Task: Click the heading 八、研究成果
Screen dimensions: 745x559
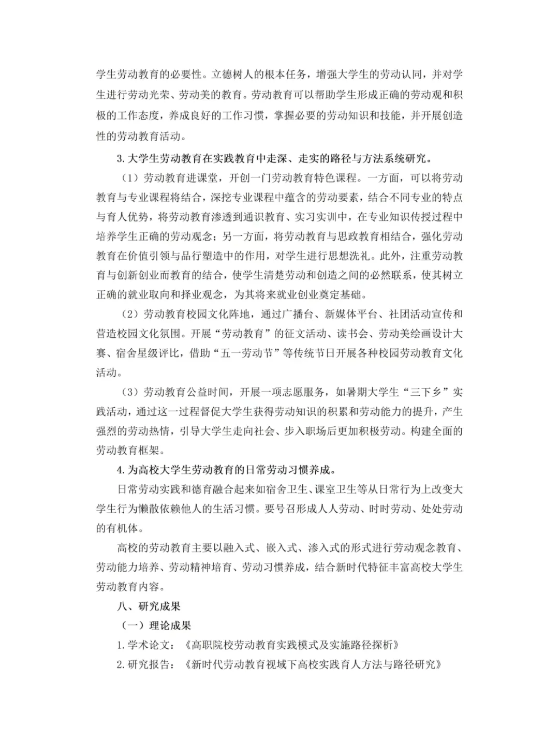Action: tap(149, 606)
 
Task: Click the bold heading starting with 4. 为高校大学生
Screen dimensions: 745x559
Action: tap(227, 470)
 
